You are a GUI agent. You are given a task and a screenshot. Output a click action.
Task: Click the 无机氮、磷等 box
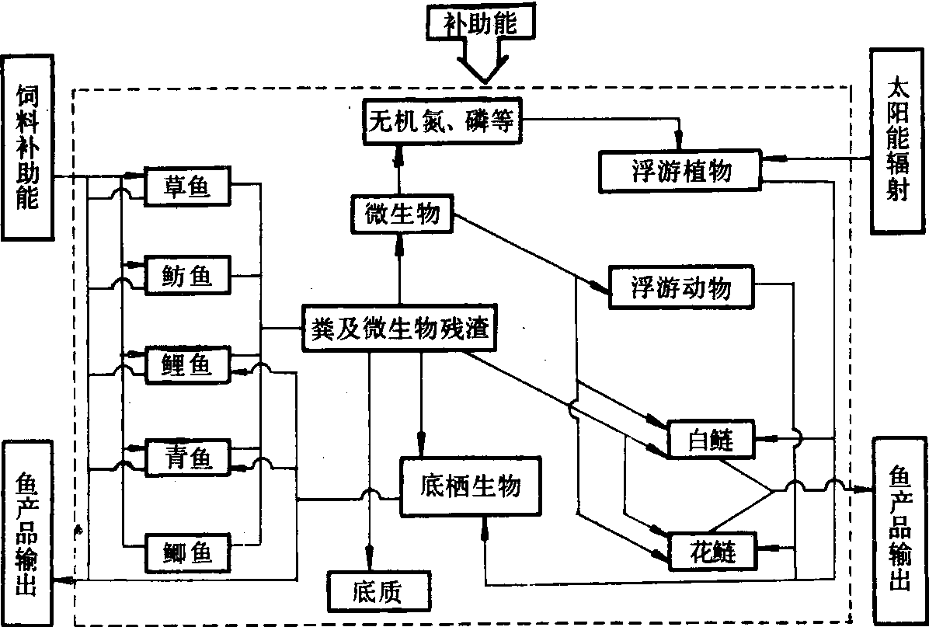pos(440,122)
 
